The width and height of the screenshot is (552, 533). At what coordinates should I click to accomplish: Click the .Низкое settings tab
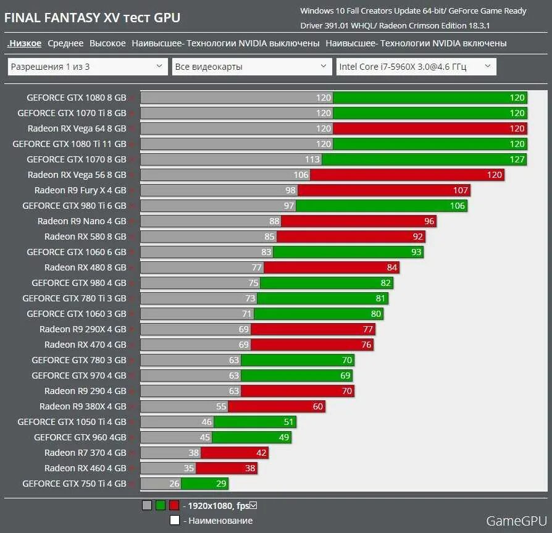(24, 43)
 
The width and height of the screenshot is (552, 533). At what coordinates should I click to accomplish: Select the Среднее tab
(65, 43)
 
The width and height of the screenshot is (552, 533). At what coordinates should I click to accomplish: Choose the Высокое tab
(107, 43)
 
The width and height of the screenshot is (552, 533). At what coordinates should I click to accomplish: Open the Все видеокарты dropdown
(252, 67)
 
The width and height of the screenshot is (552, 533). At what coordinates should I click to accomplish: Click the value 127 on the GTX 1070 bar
(517, 159)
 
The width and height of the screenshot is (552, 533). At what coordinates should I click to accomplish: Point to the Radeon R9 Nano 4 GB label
(82, 221)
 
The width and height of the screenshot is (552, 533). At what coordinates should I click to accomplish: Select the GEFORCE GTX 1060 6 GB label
(76, 252)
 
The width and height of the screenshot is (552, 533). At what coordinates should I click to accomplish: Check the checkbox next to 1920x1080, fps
(253, 505)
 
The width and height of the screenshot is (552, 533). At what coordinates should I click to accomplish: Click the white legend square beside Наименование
(175, 520)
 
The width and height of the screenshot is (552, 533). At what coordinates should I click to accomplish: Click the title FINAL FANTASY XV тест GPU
(93, 17)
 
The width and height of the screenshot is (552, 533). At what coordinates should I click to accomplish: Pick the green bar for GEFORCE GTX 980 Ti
(381, 206)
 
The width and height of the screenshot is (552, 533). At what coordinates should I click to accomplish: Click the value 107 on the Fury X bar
(461, 190)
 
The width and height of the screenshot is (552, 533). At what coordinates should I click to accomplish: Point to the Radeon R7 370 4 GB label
(85, 453)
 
